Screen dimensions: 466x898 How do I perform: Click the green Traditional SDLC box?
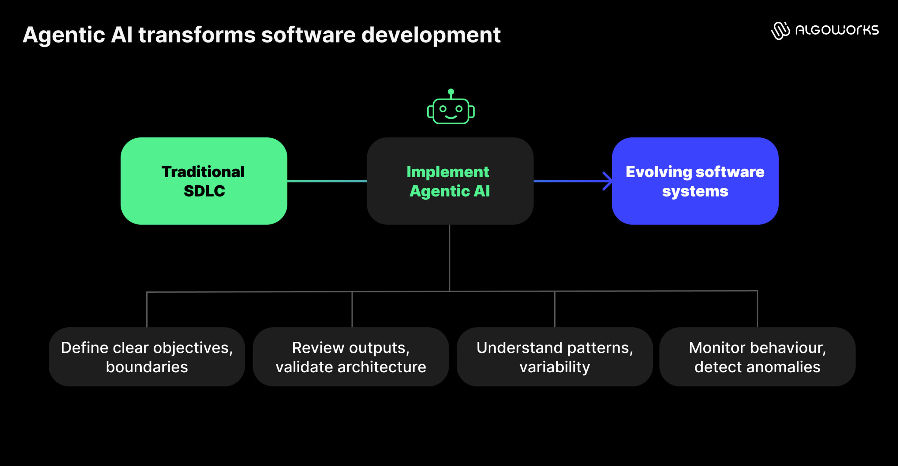click(x=204, y=181)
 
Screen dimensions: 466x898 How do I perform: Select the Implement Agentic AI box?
click(x=450, y=181)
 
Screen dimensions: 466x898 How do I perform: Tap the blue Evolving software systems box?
click(x=695, y=181)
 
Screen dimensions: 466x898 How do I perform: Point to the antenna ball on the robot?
click(x=451, y=92)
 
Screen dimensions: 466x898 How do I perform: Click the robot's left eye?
click(x=443, y=109)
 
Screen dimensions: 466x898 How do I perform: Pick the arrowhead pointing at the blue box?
click(x=608, y=181)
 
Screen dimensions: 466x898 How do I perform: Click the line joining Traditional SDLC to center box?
click(x=327, y=181)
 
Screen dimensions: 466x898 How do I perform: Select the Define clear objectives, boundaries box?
click(x=147, y=357)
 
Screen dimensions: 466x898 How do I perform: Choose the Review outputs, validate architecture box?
click(x=351, y=357)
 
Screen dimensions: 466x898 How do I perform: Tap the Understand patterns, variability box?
click(x=555, y=357)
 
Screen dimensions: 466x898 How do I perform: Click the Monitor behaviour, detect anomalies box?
click(x=757, y=357)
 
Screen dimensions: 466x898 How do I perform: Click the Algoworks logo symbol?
click(x=780, y=31)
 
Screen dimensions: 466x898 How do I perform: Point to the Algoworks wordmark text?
click(x=837, y=30)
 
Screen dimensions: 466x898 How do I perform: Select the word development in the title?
click(x=431, y=35)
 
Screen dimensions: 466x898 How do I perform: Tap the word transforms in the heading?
click(x=197, y=35)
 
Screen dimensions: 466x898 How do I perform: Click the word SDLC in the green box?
click(x=204, y=191)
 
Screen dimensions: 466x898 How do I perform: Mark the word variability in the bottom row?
click(x=555, y=367)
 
